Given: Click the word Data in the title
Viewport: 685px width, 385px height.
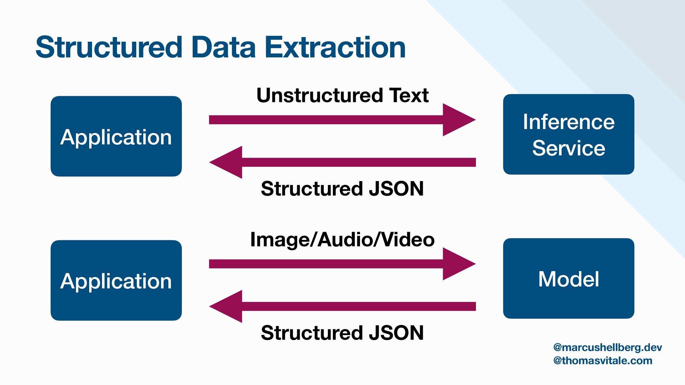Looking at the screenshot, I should point(224,47).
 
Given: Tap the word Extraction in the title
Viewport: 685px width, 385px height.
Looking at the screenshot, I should point(335,47).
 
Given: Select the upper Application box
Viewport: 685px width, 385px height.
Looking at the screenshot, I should point(116,136).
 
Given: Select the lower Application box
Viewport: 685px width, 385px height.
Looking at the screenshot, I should point(116,280).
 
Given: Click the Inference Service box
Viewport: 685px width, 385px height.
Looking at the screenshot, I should point(568,134).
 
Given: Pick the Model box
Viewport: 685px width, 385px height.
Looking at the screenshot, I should point(568,278).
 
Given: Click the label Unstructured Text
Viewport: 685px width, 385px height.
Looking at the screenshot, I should point(342,95).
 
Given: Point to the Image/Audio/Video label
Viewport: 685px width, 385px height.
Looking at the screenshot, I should point(342,239).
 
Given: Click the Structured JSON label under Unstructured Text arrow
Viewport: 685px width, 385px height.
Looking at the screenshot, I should point(342,189).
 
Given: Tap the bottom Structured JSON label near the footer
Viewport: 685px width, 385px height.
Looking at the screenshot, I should point(342,333).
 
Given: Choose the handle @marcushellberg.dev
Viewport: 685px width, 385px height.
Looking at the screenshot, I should point(607,347).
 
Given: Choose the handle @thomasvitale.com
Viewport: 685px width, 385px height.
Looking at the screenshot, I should point(602,360).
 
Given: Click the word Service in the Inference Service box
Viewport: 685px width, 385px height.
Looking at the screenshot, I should point(568,148).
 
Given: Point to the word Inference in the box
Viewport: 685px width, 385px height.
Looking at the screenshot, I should point(568,122).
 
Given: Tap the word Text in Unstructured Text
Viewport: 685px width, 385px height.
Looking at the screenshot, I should point(409,95).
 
